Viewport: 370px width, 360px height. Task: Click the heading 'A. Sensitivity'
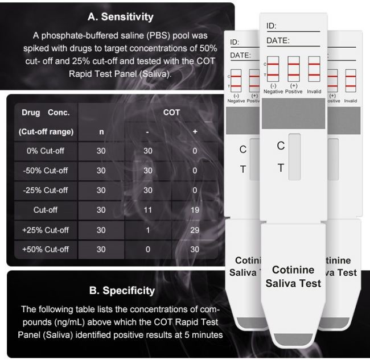point(120,16)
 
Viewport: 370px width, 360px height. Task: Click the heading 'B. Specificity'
point(122,291)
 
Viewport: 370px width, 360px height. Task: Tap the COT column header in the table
point(171,113)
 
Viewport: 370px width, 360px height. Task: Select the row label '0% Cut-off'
point(46,151)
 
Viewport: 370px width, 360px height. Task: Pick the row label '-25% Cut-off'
point(46,191)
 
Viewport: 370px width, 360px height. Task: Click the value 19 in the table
point(195,210)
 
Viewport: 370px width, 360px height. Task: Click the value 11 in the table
point(148,210)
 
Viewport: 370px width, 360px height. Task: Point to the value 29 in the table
point(195,230)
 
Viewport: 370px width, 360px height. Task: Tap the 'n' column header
point(101,132)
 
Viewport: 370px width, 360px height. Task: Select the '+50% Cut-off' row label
point(46,250)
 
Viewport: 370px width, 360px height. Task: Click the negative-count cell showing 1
point(148,230)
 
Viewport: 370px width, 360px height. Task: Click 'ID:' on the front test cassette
point(272,26)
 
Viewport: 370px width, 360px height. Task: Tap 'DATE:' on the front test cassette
point(278,40)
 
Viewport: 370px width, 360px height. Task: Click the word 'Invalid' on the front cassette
point(314,92)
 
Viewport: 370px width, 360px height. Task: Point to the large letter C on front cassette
point(281,146)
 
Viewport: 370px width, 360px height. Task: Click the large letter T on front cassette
point(281,168)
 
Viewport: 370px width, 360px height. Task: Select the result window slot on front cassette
point(294,157)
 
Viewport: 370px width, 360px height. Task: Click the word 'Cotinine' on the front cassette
point(293,270)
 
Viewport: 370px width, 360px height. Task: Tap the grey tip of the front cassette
point(293,340)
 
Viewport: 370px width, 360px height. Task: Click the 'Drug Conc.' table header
point(46,113)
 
